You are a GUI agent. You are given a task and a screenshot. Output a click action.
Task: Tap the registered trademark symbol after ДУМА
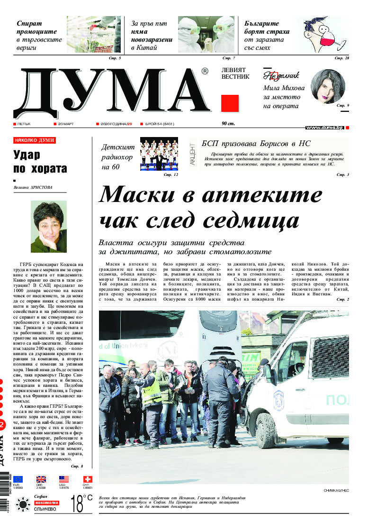click(205, 72)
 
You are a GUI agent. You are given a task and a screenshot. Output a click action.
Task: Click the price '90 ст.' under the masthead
click(228, 124)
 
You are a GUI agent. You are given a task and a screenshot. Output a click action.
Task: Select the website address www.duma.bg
click(324, 128)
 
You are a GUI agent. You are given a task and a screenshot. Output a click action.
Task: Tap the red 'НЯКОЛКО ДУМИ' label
click(35, 140)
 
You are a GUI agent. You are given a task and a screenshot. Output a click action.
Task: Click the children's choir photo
click(159, 154)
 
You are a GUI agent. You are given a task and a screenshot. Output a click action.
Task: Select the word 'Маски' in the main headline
click(142, 194)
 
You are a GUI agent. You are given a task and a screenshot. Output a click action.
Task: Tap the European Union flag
click(18, 479)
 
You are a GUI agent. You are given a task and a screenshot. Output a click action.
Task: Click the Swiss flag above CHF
click(88, 479)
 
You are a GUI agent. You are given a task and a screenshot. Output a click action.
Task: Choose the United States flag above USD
click(64, 479)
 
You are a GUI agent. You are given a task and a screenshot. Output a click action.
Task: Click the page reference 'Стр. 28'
click(341, 58)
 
